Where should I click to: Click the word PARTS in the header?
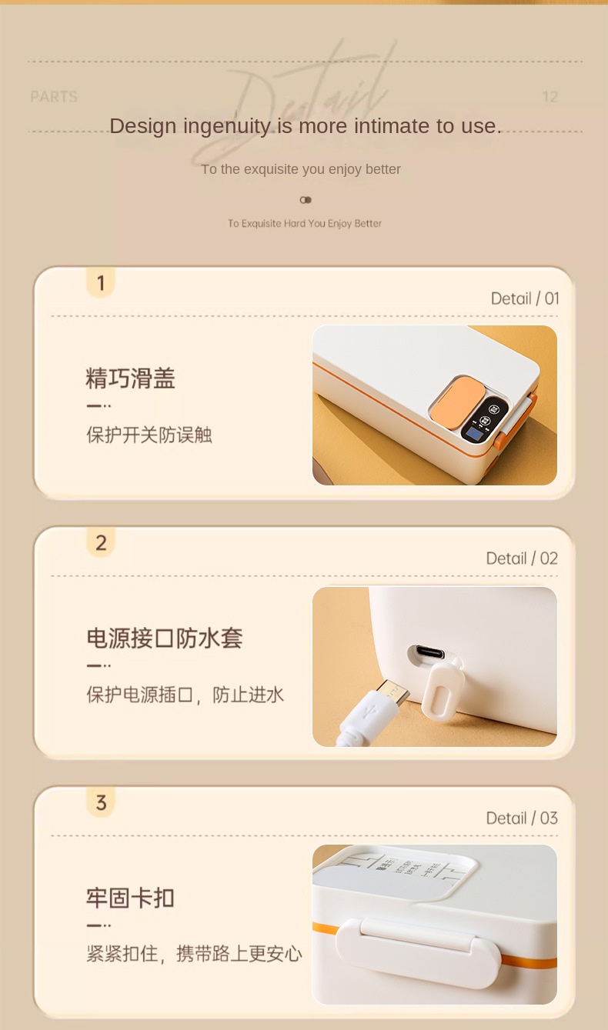pyautogui.click(x=54, y=97)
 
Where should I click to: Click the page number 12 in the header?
pyautogui.click(x=550, y=97)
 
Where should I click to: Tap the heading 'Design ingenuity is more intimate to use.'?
pyautogui.click(x=305, y=126)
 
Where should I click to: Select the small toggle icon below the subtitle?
pyautogui.click(x=306, y=200)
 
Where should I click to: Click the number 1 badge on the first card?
pyautogui.click(x=100, y=282)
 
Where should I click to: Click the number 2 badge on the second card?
pyautogui.click(x=100, y=542)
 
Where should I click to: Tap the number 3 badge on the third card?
pyautogui.click(x=100, y=802)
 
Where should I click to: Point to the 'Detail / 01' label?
pyautogui.click(x=525, y=298)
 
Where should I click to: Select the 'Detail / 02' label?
pyautogui.click(x=522, y=558)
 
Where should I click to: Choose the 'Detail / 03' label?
pyautogui.click(x=522, y=818)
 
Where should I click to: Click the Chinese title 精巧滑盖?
pyautogui.click(x=130, y=378)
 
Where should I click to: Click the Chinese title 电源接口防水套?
pyautogui.click(x=164, y=638)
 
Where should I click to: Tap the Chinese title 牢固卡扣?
pyautogui.click(x=130, y=898)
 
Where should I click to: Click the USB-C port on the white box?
pyautogui.click(x=426, y=653)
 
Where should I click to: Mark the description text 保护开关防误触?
pyautogui.click(x=149, y=435)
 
